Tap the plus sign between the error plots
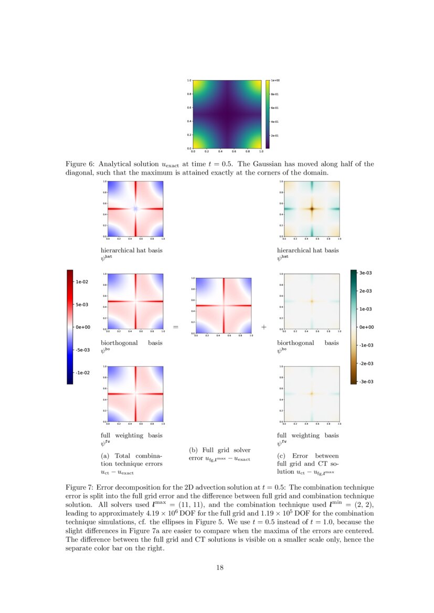(263, 327)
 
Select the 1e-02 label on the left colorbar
(82, 282)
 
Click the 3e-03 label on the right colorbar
(366, 273)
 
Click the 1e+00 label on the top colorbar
(275, 81)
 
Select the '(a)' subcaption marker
(105, 456)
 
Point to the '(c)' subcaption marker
(282, 456)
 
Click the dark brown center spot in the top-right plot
(312, 209)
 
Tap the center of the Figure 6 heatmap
(227, 114)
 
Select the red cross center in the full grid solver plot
(224, 306)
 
